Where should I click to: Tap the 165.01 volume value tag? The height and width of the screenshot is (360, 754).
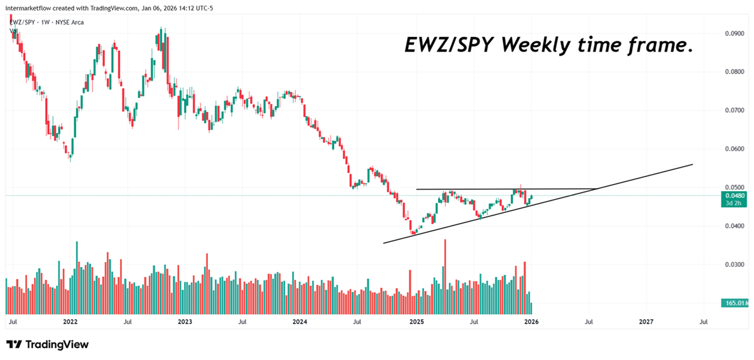[734, 303]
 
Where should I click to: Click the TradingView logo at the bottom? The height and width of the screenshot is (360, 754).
[48, 344]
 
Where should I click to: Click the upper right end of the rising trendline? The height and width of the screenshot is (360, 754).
[692, 165]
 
